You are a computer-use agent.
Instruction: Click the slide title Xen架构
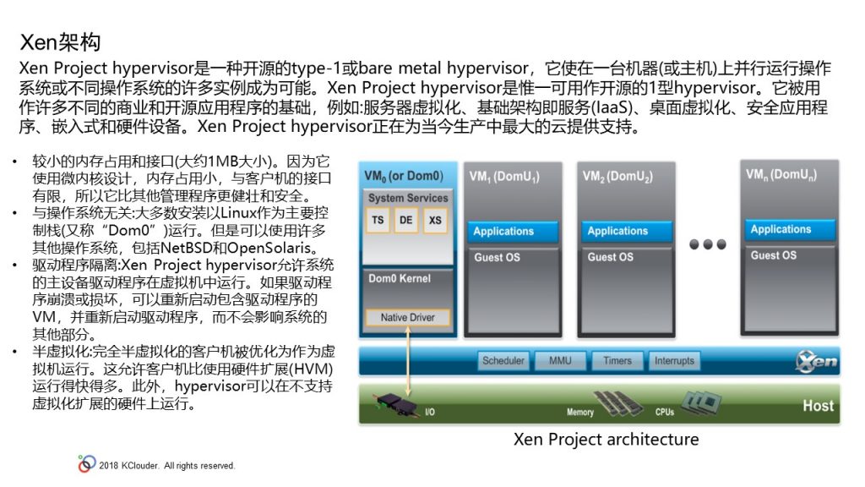pos(60,42)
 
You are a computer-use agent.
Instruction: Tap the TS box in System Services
pos(378,221)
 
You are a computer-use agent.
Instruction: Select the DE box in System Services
pos(406,221)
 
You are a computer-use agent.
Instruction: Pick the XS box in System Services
pos(435,221)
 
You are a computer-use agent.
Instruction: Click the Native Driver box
pos(408,318)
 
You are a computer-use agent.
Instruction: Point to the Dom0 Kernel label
pos(400,279)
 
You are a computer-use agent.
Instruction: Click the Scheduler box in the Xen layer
pos(503,360)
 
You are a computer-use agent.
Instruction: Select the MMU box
pos(560,360)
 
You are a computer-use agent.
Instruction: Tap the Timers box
pos(617,360)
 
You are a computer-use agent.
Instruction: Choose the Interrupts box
pos(675,360)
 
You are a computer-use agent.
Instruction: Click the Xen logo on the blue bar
pos(816,362)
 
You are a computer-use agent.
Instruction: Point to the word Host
pos(818,406)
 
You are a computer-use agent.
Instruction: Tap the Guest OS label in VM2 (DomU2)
pos(610,257)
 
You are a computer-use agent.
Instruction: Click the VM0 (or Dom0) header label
pos(404,176)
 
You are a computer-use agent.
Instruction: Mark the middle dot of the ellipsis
pos(708,244)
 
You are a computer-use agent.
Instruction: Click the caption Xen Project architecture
pos(606,440)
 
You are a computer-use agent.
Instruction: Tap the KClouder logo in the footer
pos(87,464)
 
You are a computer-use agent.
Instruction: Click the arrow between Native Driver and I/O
pos(408,361)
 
